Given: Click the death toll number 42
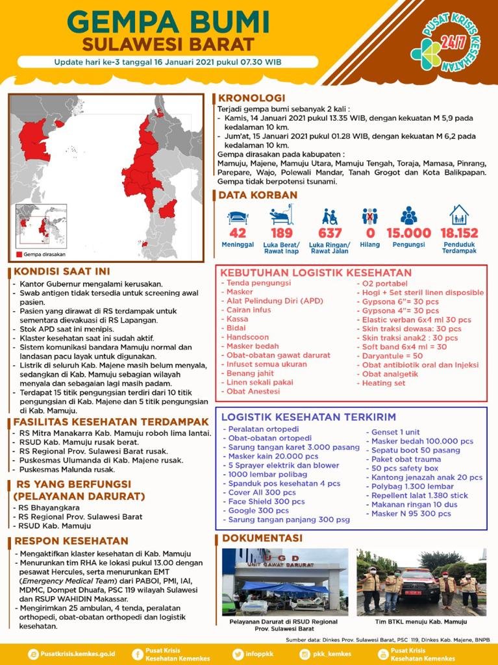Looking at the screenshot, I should pos(238,233).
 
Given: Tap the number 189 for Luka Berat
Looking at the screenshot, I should pos(281,233).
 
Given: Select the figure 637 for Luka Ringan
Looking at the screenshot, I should pos(330,233).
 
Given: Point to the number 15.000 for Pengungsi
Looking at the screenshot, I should pos(408,233).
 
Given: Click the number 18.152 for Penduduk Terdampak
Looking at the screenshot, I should pos(458,233).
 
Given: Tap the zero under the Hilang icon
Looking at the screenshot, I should pos(370,233).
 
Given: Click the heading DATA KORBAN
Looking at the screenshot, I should pos(258,195).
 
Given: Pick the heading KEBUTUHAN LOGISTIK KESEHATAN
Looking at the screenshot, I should pos(316,273).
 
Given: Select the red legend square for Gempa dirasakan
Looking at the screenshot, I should pos(19,254).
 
